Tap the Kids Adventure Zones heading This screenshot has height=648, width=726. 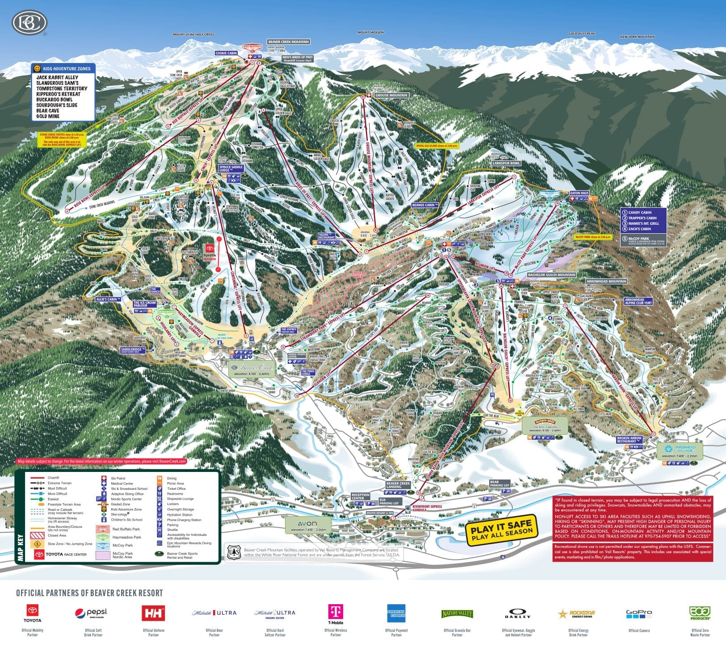pos(63,69)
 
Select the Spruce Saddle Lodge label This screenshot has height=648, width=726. pos(231,169)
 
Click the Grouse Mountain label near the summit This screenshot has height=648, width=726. pos(391,95)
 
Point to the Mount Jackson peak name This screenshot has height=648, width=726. pos(370,33)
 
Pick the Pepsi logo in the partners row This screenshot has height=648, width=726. pos(92,613)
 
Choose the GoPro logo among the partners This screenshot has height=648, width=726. pos(639,614)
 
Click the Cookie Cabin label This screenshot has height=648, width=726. pos(226,53)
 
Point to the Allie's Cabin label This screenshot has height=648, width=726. pos(106,299)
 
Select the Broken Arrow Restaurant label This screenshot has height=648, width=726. pos(629,439)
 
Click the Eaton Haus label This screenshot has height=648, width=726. pos(579,193)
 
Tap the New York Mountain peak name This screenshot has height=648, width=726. pos(637,37)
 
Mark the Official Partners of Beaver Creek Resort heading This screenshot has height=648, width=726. pos(89,593)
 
